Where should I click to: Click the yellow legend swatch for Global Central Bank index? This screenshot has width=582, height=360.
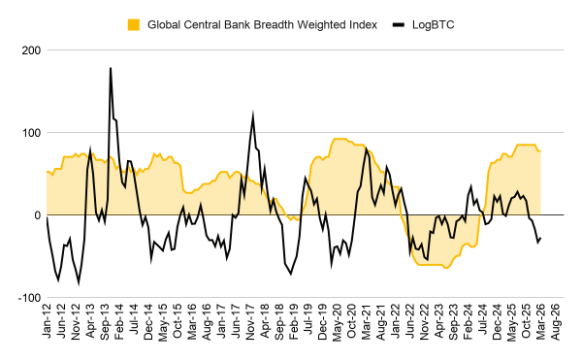134,23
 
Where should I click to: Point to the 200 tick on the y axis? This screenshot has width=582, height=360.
29,49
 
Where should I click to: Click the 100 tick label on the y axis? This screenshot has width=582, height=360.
29,132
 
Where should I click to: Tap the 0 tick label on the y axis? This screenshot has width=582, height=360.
36,214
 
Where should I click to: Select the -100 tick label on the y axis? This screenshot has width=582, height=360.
27,297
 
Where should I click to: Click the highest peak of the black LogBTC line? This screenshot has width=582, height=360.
111,68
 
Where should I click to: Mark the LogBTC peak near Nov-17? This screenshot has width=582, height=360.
253,115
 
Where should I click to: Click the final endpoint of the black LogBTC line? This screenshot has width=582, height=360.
540,238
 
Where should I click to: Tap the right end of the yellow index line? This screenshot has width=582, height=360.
540,150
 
